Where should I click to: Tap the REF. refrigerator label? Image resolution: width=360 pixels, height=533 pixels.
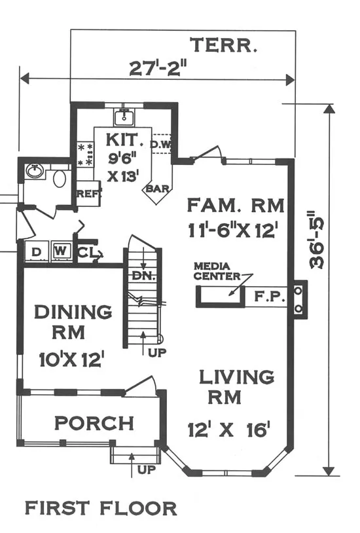tap(89, 194)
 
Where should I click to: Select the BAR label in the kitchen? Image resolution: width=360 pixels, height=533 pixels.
tap(157, 189)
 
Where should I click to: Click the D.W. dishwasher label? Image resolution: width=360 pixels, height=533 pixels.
tap(160, 145)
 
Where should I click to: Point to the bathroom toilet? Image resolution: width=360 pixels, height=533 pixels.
tap(60, 179)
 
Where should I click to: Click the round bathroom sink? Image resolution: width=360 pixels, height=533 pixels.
tap(34, 171)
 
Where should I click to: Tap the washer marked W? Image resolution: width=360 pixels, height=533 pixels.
tap(60, 251)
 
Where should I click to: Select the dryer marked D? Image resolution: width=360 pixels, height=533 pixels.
tap(36, 252)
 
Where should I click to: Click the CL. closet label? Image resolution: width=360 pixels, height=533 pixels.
tap(87, 252)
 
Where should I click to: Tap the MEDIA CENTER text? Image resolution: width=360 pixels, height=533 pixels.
tap(217, 271)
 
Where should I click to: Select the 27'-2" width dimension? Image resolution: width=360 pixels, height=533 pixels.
tap(159, 68)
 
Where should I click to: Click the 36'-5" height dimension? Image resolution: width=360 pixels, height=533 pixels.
tap(317, 241)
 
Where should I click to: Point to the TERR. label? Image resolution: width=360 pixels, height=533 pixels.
tap(223, 45)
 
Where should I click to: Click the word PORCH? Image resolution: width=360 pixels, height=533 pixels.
tap(94, 423)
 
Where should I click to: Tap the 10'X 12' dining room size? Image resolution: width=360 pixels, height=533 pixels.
tap(71, 359)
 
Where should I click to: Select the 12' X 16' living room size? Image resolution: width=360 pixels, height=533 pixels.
tap(229, 430)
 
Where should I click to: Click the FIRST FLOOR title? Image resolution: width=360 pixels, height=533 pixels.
tap(101, 509)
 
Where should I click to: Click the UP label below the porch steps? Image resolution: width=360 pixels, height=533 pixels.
tap(147, 469)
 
